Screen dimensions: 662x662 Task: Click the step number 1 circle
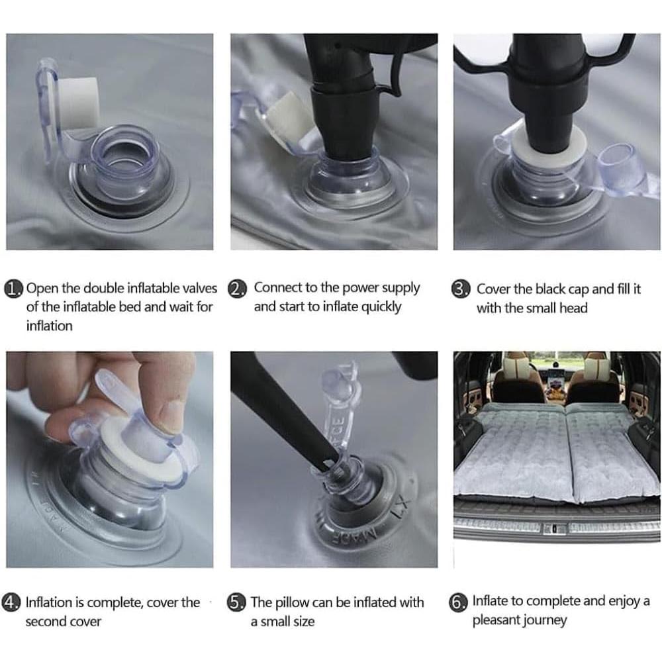pos(13,289)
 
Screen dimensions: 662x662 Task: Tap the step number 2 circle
pos(236,289)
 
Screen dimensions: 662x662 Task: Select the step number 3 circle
pos(460,289)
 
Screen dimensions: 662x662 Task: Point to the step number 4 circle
pos(11,602)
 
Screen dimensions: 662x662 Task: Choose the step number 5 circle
pos(236,602)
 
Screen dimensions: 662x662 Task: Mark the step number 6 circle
pos(458,602)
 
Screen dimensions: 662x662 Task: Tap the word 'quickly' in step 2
pos(383,307)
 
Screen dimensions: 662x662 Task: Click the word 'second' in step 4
pos(47,622)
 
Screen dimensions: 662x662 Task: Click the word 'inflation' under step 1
pos(50,326)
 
